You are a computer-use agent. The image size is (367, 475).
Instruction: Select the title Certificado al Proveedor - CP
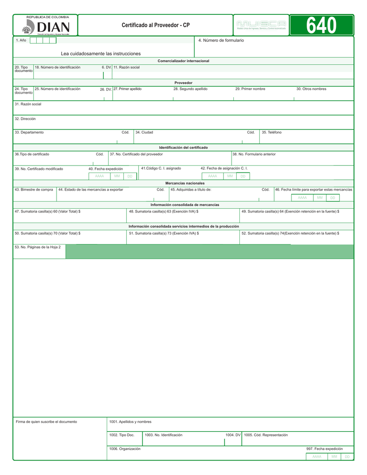[155, 25]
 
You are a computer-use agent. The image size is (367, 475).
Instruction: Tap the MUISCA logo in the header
[261, 25]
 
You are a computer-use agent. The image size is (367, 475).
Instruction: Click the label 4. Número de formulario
[221, 41]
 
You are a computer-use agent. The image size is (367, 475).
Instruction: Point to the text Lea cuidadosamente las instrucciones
[101, 54]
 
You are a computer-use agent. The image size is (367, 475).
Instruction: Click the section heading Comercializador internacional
[183, 61]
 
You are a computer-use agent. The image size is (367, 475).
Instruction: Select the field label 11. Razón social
[127, 68]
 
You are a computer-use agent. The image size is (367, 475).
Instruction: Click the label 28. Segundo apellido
[190, 89]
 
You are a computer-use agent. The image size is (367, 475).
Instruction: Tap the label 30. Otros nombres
[311, 89]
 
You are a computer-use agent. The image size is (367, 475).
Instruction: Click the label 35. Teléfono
[271, 133]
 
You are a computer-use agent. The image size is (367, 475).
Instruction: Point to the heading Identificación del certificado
[183, 148]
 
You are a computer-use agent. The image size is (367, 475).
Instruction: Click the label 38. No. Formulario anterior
[254, 154]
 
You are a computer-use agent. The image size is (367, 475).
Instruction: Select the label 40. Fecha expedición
[106, 169]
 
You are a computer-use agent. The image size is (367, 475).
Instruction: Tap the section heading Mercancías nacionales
[185, 183]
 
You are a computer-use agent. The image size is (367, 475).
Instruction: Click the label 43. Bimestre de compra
[34, 190]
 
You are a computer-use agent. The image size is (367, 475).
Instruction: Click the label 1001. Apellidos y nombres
[130, 422]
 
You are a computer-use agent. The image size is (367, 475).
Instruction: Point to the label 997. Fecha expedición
[324, 449]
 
